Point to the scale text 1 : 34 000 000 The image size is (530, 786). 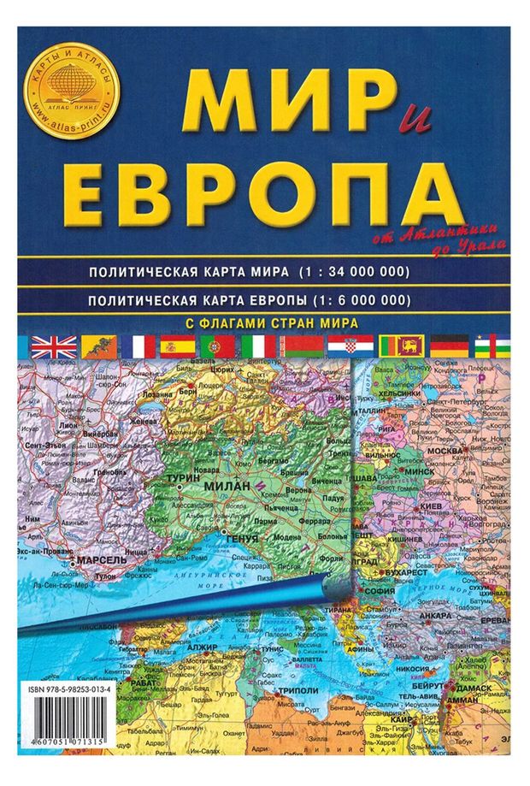(x=354, y=272)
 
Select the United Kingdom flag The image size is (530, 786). (x=53, y=346)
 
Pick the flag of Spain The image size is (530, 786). (x=180, y=346)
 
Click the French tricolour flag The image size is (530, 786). (x=138, y=346)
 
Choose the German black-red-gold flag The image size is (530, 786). (x=447, y=346)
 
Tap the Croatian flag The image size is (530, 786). (x=351, y=346)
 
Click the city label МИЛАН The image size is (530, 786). (x=226, y=486)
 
